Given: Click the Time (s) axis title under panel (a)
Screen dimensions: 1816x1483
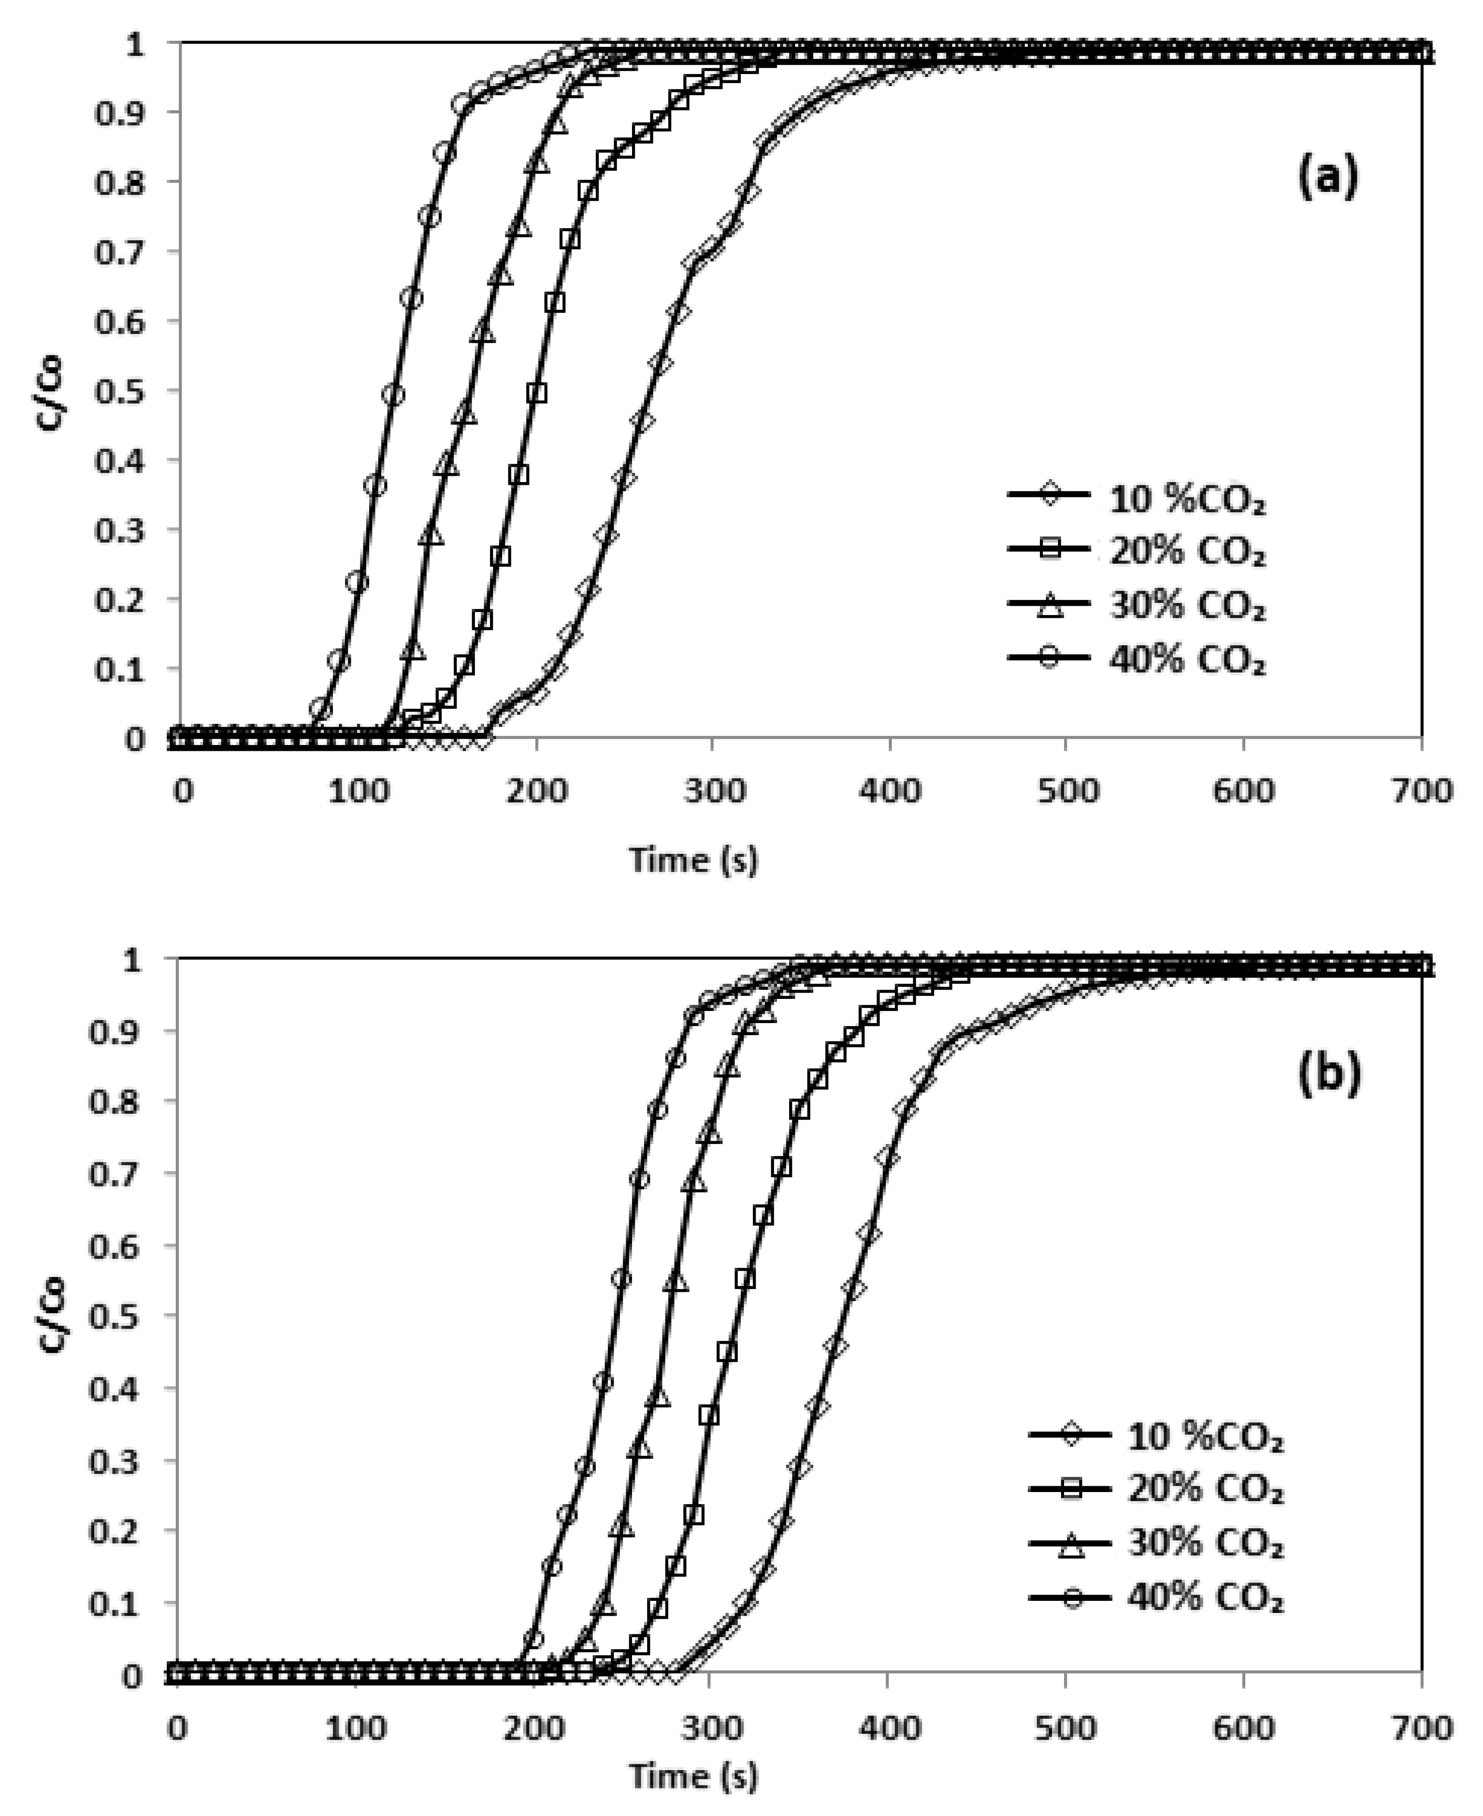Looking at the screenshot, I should click(x=693, y=859).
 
